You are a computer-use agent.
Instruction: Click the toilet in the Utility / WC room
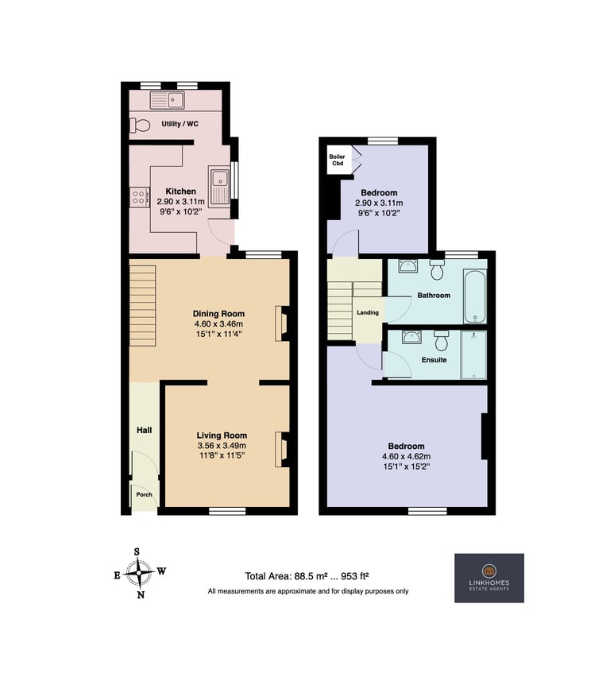[x=140, y=126]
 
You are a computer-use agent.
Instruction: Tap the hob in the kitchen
[x=139, y=197]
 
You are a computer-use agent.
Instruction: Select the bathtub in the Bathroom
[x=475, y=296]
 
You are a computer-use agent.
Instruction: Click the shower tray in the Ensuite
[x=473, y=354]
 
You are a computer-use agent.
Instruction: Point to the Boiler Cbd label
[x=338, y=160]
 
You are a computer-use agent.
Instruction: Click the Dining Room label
[x=218, y=314]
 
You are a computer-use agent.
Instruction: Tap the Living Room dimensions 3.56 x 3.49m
[x=222, y=446]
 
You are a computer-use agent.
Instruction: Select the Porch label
[x=144, y=494]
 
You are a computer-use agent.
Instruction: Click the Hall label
[x=144, y=430]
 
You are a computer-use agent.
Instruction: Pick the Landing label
[x=368, y=312]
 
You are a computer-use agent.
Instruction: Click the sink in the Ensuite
[x=411, y=337]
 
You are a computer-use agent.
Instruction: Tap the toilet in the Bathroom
[x=437, y=270]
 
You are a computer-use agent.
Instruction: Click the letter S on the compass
[x=137, y=552]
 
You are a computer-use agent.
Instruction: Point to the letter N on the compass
[x=141, y=595]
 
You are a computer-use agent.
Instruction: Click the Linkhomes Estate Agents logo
[x=489, y=578]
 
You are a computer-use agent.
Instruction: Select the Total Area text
[x=307, y=576]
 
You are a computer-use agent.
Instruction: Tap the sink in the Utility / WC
[x=168, y=100]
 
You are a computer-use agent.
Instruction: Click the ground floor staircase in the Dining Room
[x=142, y=306]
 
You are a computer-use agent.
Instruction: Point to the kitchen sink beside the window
[x=219, y=186]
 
